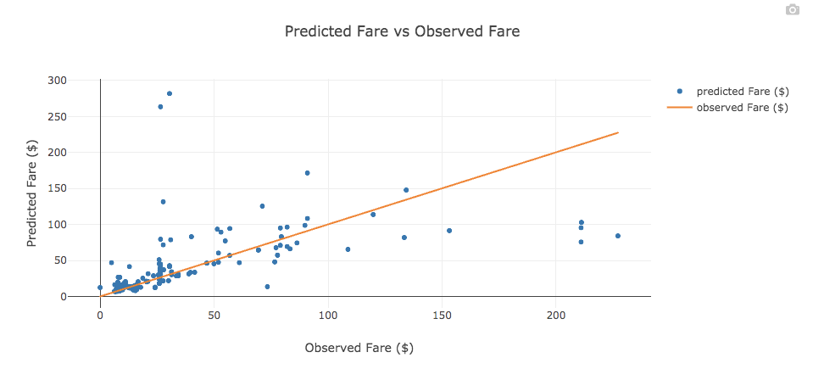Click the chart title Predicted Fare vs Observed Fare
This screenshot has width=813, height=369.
(402, 32)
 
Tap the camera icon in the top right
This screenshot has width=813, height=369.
(792, 9)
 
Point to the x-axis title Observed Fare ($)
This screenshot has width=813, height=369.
(359, 348)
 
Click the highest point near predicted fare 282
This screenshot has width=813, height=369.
(170, 93)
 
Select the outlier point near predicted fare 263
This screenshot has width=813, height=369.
(160, 107)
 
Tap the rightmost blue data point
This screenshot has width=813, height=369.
(617, 236)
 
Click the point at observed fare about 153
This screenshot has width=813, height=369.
(449, 231)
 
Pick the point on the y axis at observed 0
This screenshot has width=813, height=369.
(100, 288)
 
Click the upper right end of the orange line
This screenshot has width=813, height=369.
(617, 132)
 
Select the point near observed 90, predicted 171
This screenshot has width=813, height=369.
(307, 173)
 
